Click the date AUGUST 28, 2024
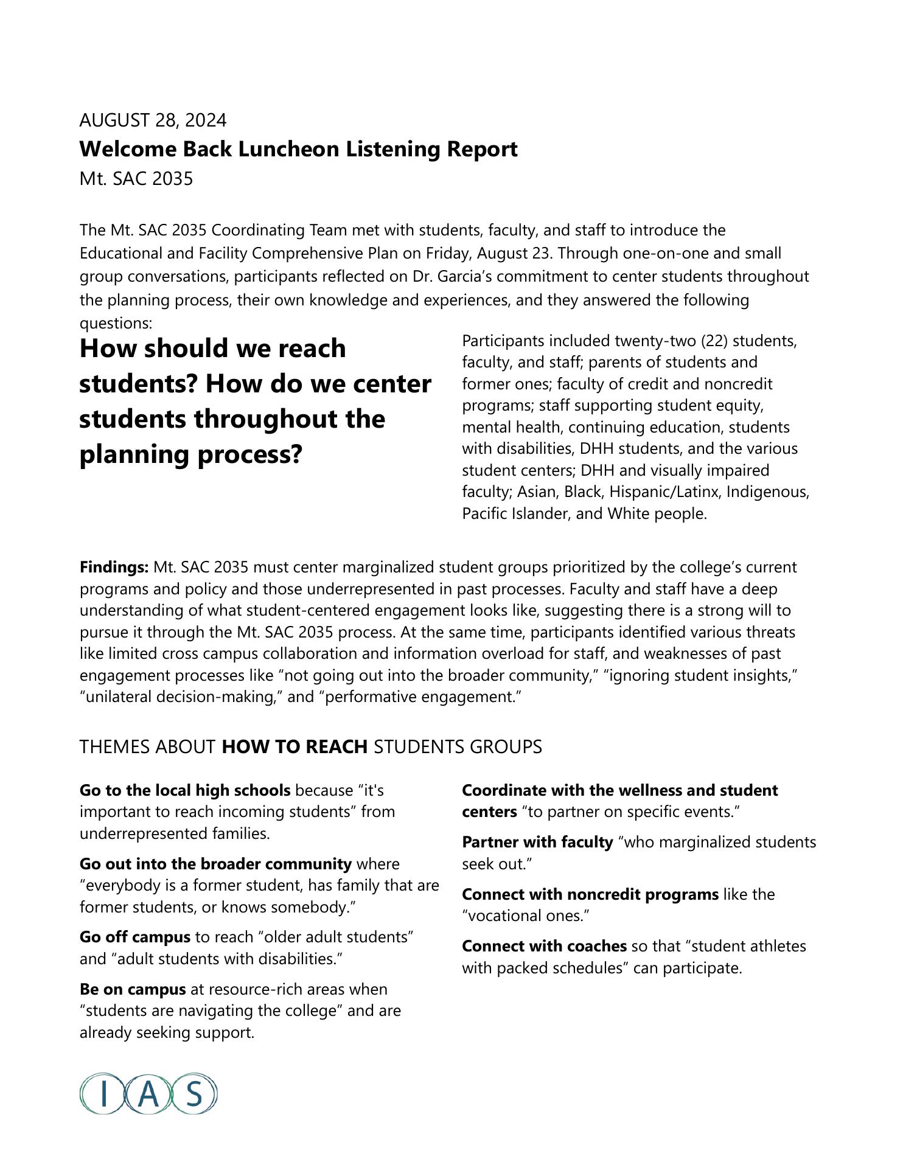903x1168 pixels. pos(153,120)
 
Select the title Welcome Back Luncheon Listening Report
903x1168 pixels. pos(298,149)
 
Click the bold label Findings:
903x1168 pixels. pos(114,568)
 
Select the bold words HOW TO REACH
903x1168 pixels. pos(295,746)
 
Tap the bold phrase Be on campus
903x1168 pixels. pos(132,989)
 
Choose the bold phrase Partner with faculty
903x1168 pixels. pos(537,842)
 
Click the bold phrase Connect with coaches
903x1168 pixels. pos(544,946)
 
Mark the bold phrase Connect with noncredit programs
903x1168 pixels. pos(590,894)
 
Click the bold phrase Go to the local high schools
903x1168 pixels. pos(184,790)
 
